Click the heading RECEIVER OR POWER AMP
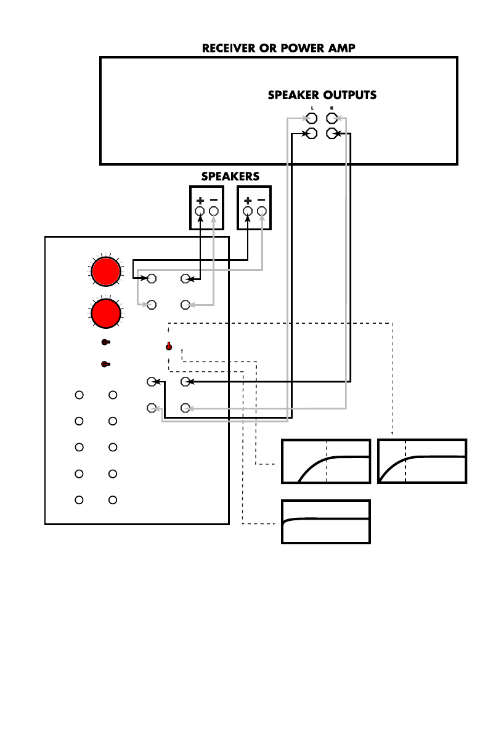click(x=279, y=48)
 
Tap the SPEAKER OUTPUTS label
click(x=322, y=95)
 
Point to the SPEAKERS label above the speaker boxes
click(x=230, y=176)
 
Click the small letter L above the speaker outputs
click(x=312, y=108)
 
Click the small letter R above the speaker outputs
click(x=331, y=108)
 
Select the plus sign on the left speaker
click(x=200, y=201)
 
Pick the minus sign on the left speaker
click(x=214, y=200)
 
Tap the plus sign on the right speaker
click(x=248, y=201)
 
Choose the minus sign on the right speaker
click(x=262, y=200)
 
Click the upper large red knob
click(x=105, y=272)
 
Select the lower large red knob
click(x=105, y=313)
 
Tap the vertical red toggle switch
click(x=168, y=346)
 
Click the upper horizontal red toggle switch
click(x=105, y=342)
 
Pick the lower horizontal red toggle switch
click(x=105, y=364)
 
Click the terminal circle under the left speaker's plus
click(x=200, y=211)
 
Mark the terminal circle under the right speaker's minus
click(x=262, y=211)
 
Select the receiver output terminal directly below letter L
click(x=312, y=119)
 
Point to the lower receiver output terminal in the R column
click(x=331, y=133)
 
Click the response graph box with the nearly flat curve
click(x=326, y=521)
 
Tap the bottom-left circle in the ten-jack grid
click(x=79, y=499)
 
